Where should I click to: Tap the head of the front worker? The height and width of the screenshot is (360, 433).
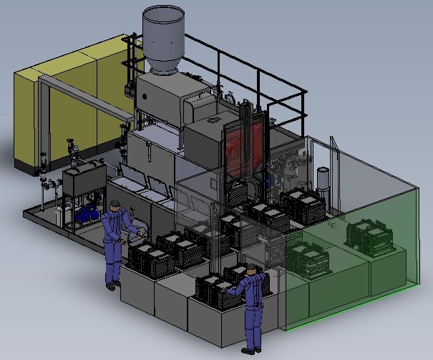pyautogui.click(x=253, y=271)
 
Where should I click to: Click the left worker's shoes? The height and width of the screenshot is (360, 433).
pyautogui.click(x=110, y=286)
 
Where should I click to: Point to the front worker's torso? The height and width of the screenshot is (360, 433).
pyautogui.click(x=252, y=293)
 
